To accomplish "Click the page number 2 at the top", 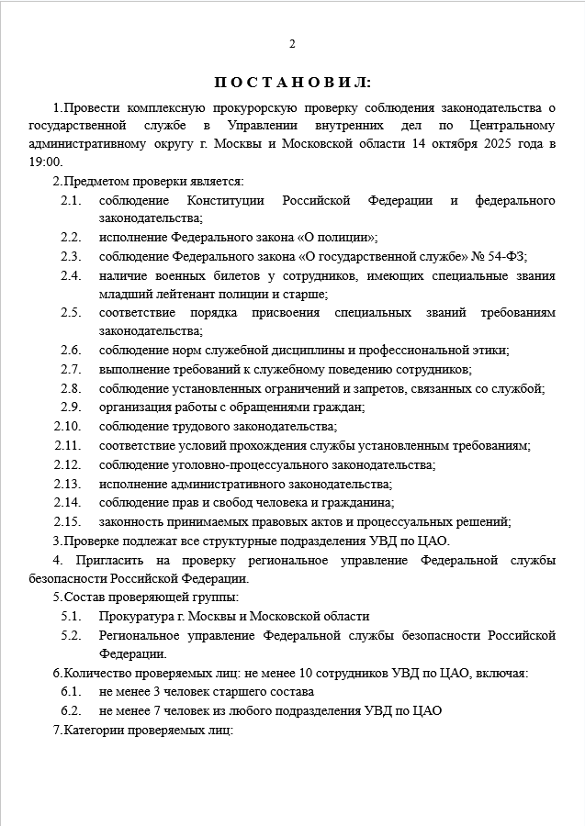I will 292,44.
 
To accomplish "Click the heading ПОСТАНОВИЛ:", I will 292,83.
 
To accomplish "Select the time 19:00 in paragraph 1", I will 45,162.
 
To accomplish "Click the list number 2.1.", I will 71,200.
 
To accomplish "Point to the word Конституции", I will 226,200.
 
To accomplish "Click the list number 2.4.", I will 71,275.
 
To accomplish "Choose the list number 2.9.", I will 71,407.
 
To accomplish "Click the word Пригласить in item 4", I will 100,559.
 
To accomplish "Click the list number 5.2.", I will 71,635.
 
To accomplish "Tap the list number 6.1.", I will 71,691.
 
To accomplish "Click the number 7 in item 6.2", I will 158,710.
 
